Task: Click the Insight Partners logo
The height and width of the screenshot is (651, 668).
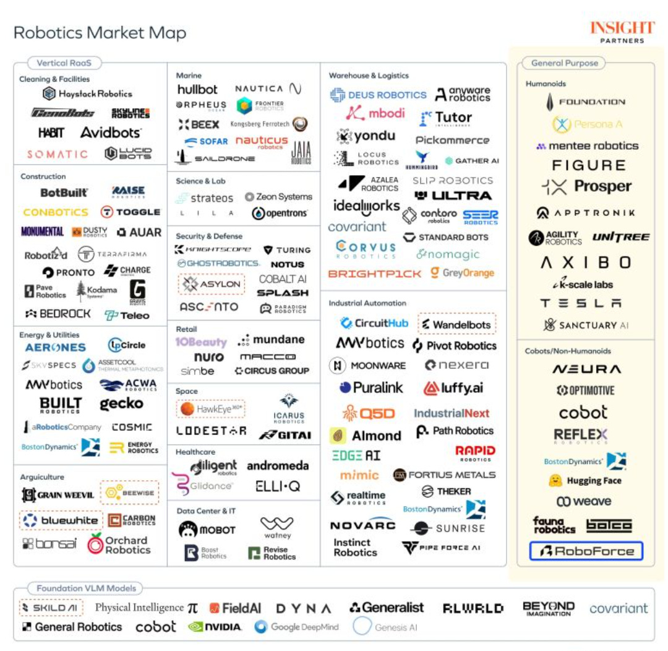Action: (x=622, y=32)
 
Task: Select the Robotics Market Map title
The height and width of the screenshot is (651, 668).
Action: (x=100, y=33)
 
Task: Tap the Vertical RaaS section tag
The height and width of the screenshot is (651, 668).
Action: (x=64, y=63)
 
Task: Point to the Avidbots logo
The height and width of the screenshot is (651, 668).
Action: (x=111, y=132)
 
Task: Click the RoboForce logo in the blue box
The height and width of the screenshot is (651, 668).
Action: (x=586, y=551)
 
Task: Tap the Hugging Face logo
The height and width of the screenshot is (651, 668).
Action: (x=584, y=480)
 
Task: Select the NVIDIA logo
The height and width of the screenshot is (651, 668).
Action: (x=215, y=627)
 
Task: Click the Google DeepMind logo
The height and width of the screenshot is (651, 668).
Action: (x=296, y=627)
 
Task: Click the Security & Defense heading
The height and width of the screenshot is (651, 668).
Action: (x=209, y=236)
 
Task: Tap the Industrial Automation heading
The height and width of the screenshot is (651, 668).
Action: (x=367, y=303)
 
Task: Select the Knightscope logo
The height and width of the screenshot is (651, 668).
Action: (x=212, y=249)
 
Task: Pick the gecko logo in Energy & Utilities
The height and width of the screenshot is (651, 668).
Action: (x=121, y=404)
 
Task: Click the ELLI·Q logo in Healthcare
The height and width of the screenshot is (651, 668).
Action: (x=278, y=486)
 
